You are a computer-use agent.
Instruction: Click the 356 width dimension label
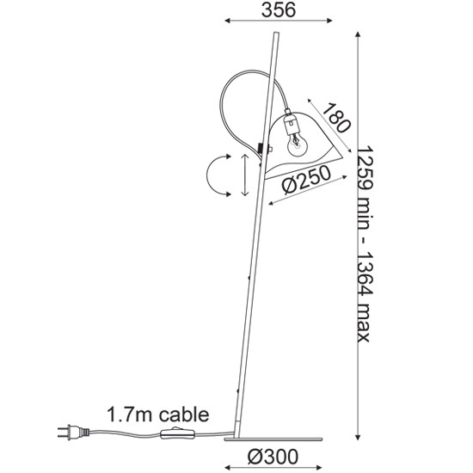(x=279, y=10)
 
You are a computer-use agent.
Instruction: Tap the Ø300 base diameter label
(x=273, y=457)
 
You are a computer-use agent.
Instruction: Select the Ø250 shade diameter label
(x=306, y=180)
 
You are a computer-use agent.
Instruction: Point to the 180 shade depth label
(x=336, y=118)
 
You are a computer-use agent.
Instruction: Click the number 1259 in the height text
(x=365, y=168)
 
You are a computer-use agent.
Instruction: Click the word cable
(x=184, y=415)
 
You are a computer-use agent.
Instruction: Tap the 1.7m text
(x=131, y=415)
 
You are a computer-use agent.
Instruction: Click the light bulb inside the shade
(x=298, y=145)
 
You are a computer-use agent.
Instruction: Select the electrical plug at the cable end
(x=73, y=432)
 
